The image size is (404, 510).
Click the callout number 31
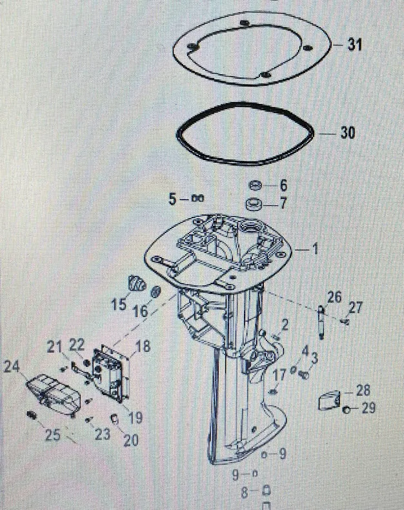point(355,45)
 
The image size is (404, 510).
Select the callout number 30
point(348,132)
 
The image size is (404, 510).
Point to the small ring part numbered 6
point(255,185)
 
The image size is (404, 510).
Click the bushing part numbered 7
point(254,205)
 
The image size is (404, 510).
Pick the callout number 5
point(173,199)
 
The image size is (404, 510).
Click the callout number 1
point(314,249)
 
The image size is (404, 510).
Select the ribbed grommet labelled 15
point(137,283)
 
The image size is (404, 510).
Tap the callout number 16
point(141,312)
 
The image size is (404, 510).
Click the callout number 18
point(143,346)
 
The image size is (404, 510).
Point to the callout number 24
point(12,367)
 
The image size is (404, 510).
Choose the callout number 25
point(53,434)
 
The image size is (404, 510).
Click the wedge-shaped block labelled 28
point(329,400)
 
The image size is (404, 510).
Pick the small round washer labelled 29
point(347,411)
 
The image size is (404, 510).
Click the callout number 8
point(245,492)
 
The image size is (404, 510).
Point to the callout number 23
point(103,434)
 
